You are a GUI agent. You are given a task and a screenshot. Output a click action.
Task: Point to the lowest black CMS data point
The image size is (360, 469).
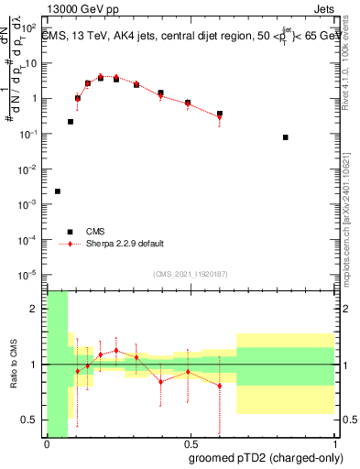tap(58, 191)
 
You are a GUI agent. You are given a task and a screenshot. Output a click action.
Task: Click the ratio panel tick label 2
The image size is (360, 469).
tap(35, 310)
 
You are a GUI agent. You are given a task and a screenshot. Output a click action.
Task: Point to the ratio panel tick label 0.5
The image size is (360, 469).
tap(29, 420)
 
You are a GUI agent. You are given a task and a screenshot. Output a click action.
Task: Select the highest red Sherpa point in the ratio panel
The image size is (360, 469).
tap(116, 350)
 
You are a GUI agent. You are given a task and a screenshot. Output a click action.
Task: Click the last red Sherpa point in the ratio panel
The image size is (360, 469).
tap(220, 386)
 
